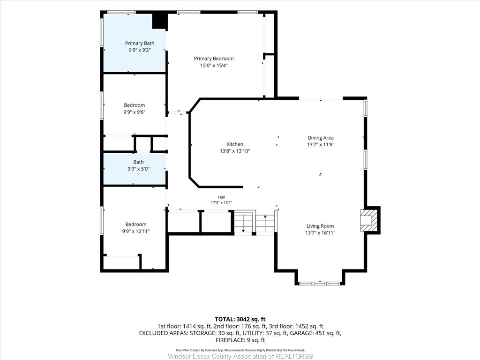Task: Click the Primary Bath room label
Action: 140,43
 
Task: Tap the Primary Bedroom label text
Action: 214,59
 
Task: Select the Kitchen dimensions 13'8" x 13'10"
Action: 235,151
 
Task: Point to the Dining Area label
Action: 321,138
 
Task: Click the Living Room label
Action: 320,226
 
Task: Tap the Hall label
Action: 221,197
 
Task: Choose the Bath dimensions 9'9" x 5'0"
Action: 138,169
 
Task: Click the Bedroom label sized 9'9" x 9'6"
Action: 135,105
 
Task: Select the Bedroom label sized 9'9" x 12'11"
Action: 136,225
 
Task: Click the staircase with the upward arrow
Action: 265,223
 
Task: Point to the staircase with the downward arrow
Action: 244,223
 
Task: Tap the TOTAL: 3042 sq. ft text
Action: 240,319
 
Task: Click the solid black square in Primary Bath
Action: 160,21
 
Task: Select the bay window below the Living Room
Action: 320,283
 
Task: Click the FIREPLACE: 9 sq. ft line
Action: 240,340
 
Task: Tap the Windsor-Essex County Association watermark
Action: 240,356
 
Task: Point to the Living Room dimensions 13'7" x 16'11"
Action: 320,232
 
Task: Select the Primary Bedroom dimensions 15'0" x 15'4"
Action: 214,65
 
